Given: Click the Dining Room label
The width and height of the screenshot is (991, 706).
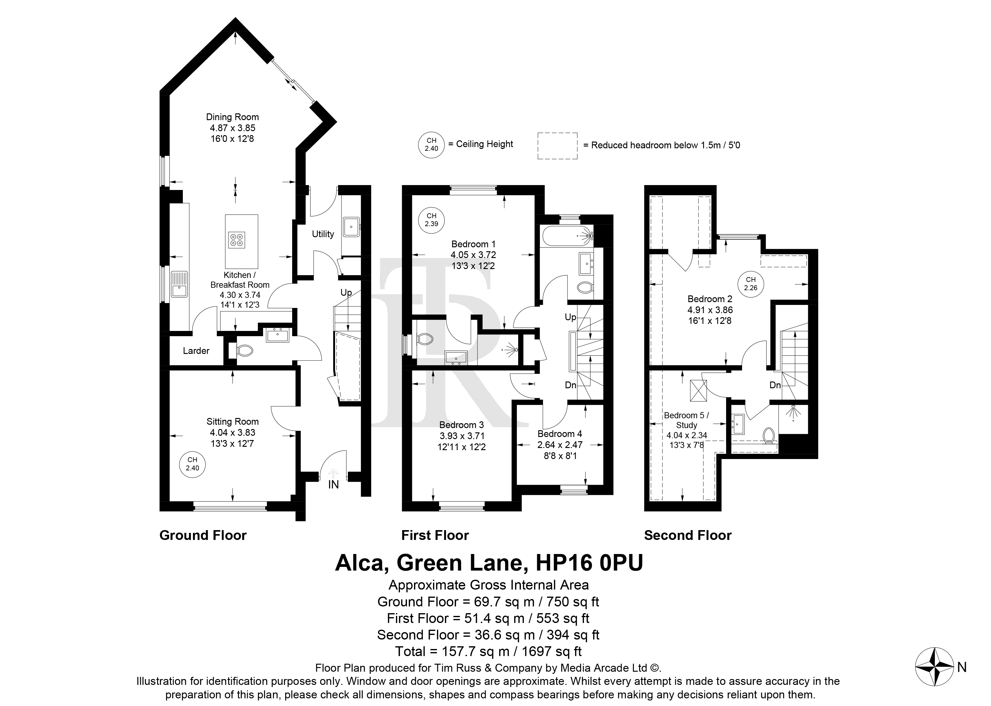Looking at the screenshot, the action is pyautogui.click(x=232, y=117).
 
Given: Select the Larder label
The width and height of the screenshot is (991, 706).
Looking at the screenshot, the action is pyautogui.click(x=196, y=351).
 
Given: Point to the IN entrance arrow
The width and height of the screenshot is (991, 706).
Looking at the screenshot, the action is pyautogui.click(x=333, y=473).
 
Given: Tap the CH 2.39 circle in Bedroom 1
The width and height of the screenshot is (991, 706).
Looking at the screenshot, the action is pyautogui.click(x=431, y=220).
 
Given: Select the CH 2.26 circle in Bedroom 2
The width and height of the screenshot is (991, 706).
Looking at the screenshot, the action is pyautogui.click(x=751, y=284).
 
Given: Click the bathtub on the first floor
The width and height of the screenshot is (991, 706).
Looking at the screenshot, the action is pyautogui.click(x=567, y=236).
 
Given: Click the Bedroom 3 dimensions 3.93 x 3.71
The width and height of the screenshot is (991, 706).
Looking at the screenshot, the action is pyautogui.click(x=462, y=436).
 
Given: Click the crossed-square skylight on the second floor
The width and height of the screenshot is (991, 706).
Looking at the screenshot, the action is pyautogui.click(x=699, y=391).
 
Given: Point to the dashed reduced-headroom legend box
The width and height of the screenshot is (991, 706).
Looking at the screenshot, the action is pyautogui.click(x=557, y=146).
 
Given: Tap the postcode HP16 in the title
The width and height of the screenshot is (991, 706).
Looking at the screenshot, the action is pyautogui.click(x=564, y=563).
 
